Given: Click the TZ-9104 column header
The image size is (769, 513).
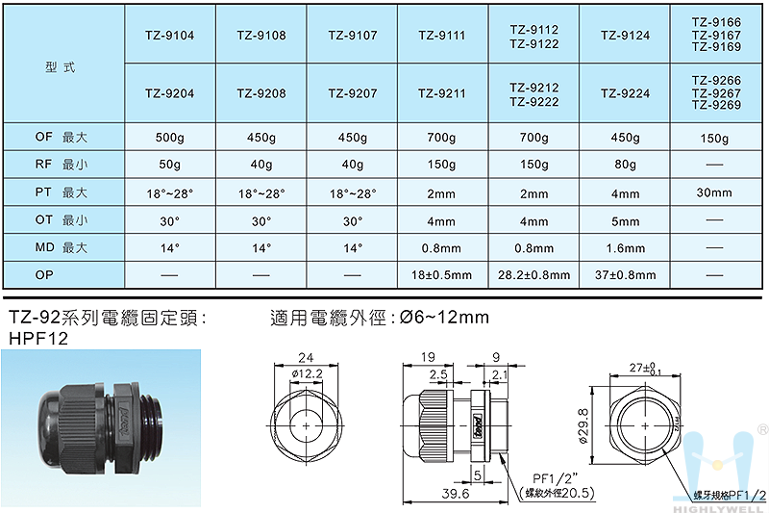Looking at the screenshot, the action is tap(170, 36).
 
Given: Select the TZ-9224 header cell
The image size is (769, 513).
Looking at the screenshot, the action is tap(626, 93).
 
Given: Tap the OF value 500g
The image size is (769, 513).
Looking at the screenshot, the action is tap(170, 138).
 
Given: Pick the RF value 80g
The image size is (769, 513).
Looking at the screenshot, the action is tap(626, 165).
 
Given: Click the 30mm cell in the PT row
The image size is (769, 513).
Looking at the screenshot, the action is tap(714, 192).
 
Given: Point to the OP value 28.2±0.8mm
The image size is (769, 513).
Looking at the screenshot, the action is tap(534, 275).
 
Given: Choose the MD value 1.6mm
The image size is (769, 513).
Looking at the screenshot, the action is tap(626, 248).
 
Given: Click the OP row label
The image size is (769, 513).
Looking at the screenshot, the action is tap(44, 275).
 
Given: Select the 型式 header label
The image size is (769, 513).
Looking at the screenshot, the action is tap(61, 67).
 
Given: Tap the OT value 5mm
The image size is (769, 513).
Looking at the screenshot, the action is tap(626, 221).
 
